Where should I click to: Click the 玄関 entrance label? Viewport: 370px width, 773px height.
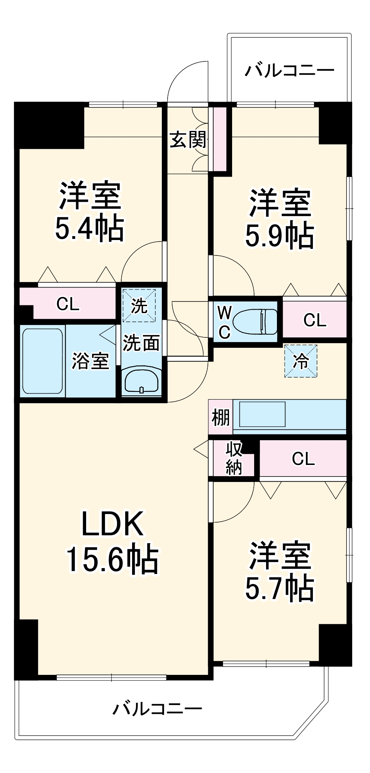[x=188, y=140]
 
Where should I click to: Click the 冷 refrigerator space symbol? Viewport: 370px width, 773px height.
[x=301, y=361]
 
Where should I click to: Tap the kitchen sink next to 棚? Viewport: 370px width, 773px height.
[x=262, y=414]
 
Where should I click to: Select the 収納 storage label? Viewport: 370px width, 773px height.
[x=234, y=458]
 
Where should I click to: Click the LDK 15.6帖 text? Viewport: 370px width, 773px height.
[x=112, y=541]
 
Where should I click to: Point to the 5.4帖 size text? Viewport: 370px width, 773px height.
[x=90, y=228]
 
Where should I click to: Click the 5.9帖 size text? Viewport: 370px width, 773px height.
[x=280, y=235]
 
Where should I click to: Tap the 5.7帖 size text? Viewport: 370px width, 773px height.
[x=280, y=588]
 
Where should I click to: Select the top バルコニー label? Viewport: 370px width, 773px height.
[x=289, y=70]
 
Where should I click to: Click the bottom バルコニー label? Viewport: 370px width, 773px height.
[x=157, y=709]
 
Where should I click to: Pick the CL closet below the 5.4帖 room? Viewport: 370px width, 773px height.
[x=68, y=304]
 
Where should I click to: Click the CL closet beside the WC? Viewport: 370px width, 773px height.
[x=315, y=320]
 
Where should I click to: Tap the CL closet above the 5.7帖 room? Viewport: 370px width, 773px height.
[x=303, y=459]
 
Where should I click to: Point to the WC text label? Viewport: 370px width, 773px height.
[x=224, y=322]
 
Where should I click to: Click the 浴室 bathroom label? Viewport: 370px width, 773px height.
[x=90, y=361]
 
